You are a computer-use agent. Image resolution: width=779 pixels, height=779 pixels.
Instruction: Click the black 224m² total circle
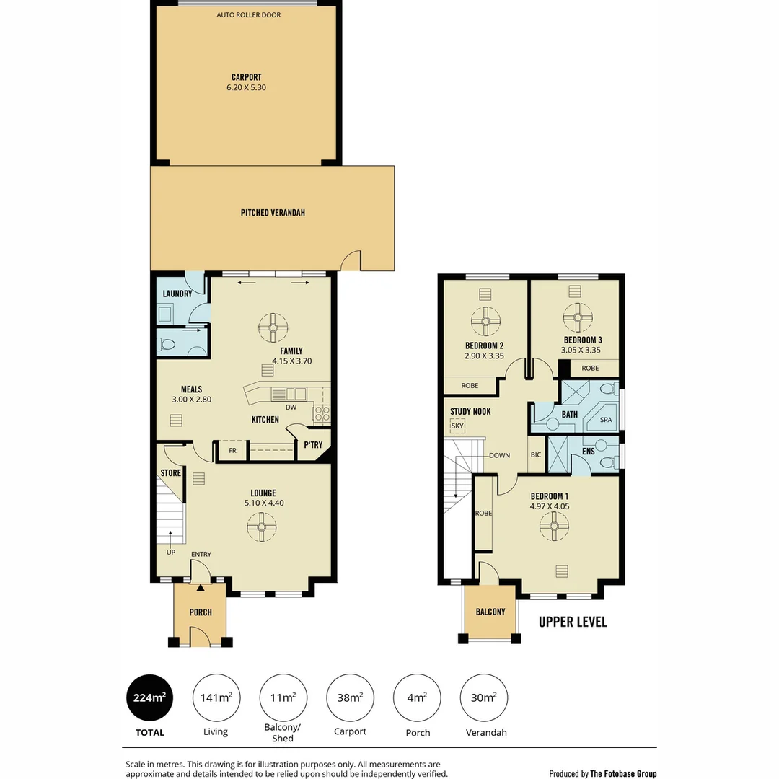(149, 697)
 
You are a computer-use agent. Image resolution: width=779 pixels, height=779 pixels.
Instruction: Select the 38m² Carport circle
(350, 697)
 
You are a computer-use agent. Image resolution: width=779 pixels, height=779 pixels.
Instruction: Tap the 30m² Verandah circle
(484, 697)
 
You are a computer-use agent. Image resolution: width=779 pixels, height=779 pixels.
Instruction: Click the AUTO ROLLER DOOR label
(249, 14)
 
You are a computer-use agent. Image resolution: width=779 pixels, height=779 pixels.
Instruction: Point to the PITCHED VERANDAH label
(273, 213)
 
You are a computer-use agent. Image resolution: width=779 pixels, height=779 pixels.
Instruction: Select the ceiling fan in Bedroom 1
(554, 526)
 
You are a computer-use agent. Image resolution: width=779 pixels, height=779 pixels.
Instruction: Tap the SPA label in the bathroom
(605, 419)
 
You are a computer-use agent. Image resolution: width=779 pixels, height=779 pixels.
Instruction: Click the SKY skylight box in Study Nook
(457, 426)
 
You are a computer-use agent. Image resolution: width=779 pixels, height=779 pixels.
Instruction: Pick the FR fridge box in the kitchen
(232, 450)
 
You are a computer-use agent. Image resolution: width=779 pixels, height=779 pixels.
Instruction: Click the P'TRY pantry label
(312, 445)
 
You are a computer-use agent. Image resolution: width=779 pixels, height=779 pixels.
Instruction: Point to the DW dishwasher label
(291, 407)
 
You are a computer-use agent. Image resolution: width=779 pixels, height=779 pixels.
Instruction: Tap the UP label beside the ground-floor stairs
(171, 552)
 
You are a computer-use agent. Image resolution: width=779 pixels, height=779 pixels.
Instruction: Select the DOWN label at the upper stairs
(499, 455)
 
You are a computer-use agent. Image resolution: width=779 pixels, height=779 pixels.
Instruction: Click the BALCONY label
(490, 612)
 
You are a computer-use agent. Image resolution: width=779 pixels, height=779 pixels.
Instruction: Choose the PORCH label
(201, 612)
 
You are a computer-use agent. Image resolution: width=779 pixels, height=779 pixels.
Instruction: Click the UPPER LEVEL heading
(573, 622)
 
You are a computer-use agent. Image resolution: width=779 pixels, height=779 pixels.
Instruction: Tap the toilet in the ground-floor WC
(167, 344)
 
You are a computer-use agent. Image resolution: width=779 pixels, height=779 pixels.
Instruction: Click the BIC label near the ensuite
(535, 454)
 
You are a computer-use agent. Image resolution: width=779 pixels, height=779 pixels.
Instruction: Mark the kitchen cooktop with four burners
(322, 413)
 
